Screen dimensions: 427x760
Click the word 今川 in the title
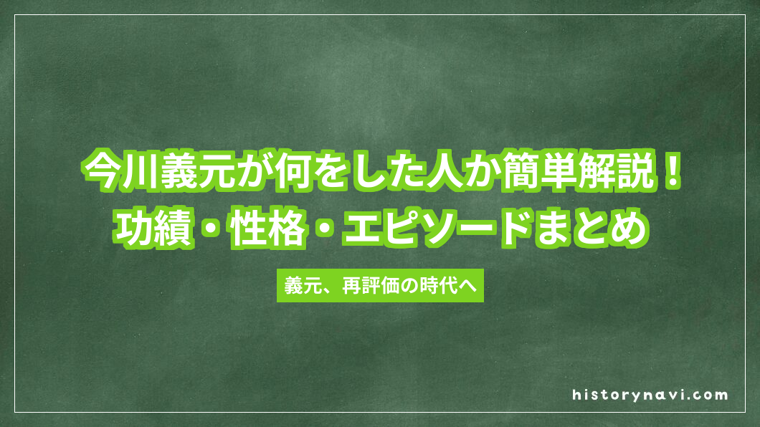click(x=113, y=173)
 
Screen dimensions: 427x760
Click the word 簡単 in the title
click(x=528, y=173)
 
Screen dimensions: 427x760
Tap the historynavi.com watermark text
click(x=650, y=395)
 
